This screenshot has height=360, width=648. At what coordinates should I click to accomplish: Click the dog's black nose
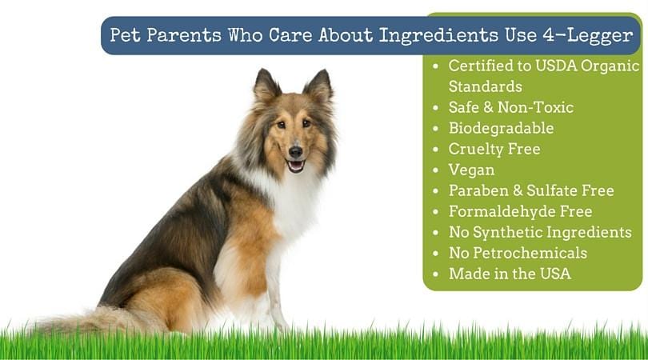tap(295, 150)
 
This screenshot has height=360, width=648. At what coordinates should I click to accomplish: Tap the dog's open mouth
tap(295, 165)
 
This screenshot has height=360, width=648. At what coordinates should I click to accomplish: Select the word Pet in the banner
tap(125, 36)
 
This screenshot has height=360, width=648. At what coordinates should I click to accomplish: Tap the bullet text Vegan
tap(471, 170)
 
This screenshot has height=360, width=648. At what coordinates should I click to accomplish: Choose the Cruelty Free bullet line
tap(494, 149)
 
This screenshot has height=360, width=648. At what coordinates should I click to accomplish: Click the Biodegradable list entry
tap(501, 128)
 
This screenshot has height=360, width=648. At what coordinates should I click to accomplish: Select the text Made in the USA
tap(510, 274)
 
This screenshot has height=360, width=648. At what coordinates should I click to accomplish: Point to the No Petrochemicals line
tap(518, 253)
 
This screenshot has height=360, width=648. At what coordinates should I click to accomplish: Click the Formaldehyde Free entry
tap(520, 211)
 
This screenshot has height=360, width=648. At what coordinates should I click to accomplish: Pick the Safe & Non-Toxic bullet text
tap(510, 107)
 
